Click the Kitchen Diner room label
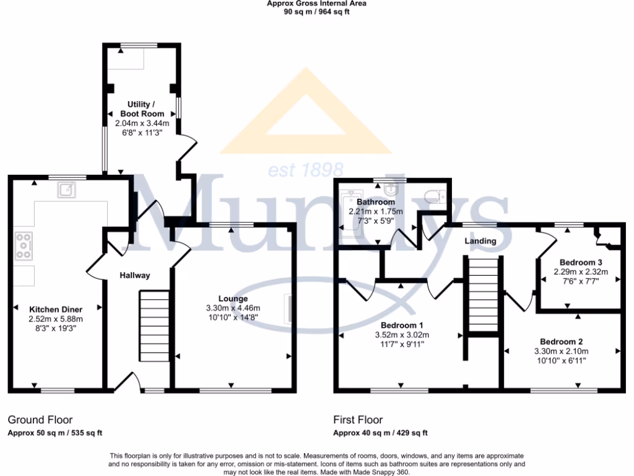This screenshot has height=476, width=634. (56, 309)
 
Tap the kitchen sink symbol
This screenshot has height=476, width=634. (67, 189)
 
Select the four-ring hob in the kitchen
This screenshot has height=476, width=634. (24, 245)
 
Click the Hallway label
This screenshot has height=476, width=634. (135, 275)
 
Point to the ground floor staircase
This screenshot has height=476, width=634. (153, 325)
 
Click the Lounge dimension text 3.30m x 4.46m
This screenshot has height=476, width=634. (233, 308)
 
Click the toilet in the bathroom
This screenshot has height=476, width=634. (436, 196)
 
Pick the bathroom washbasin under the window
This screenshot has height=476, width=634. (390, 187)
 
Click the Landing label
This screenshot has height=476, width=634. (481, 241)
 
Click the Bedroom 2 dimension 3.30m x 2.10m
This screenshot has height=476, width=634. (562, 351)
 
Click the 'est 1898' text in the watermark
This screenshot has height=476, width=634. (306, 169)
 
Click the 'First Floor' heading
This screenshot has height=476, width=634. (358, 420)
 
